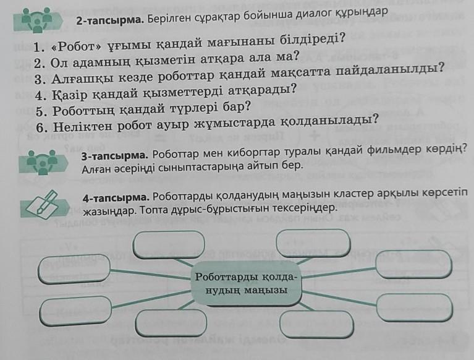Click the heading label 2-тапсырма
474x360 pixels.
[x=110, y=20]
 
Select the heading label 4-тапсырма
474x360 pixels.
[x=116, y=199]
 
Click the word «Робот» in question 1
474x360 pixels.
[x=77, y=46]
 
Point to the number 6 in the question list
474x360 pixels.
[x=42, y=128]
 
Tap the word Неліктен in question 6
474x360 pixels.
[x=83, y=126]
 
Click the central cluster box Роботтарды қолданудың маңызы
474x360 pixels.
[x=246, y=283]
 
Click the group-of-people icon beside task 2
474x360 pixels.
[x=37, y=20]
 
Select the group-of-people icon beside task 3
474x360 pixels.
[x=43, y=162]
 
